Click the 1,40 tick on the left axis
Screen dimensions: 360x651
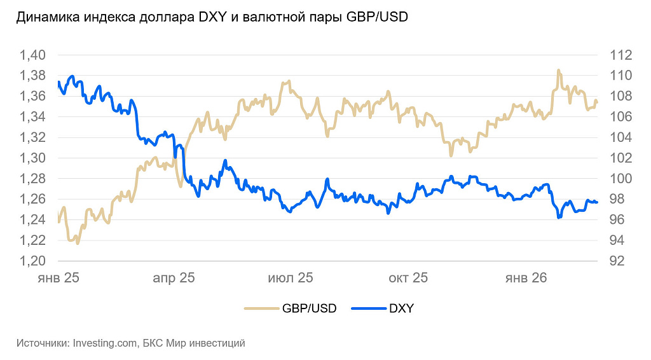pos(33,55)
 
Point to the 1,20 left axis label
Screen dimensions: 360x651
pos(33,261)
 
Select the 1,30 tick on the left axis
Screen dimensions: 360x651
pos(33,158)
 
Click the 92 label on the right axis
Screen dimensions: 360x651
pos(616,261)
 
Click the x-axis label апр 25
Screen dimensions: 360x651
pos(174,278)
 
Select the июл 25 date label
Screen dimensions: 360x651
pos(291,278)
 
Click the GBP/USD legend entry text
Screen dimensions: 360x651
pos(310,308)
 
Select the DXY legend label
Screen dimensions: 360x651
pos(401,308)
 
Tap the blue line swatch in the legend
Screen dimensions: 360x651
pos(367,308)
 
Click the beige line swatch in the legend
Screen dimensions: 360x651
pos(262,308)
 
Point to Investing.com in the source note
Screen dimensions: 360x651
pos(105,343)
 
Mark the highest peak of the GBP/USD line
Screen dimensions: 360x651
pos(558,70)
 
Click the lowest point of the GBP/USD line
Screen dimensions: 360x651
pos(78,243)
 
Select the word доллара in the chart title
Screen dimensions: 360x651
pos(156,18)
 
